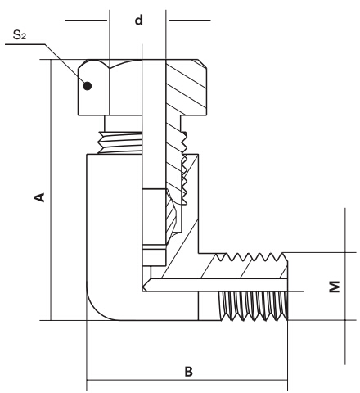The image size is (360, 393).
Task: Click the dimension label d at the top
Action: click(x=138, y=19)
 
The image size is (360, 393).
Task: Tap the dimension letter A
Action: click(x=37, y=197)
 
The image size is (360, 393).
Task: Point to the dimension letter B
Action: click(x=188, y=371)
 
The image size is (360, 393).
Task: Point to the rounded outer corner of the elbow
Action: click(x=97, y=308)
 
